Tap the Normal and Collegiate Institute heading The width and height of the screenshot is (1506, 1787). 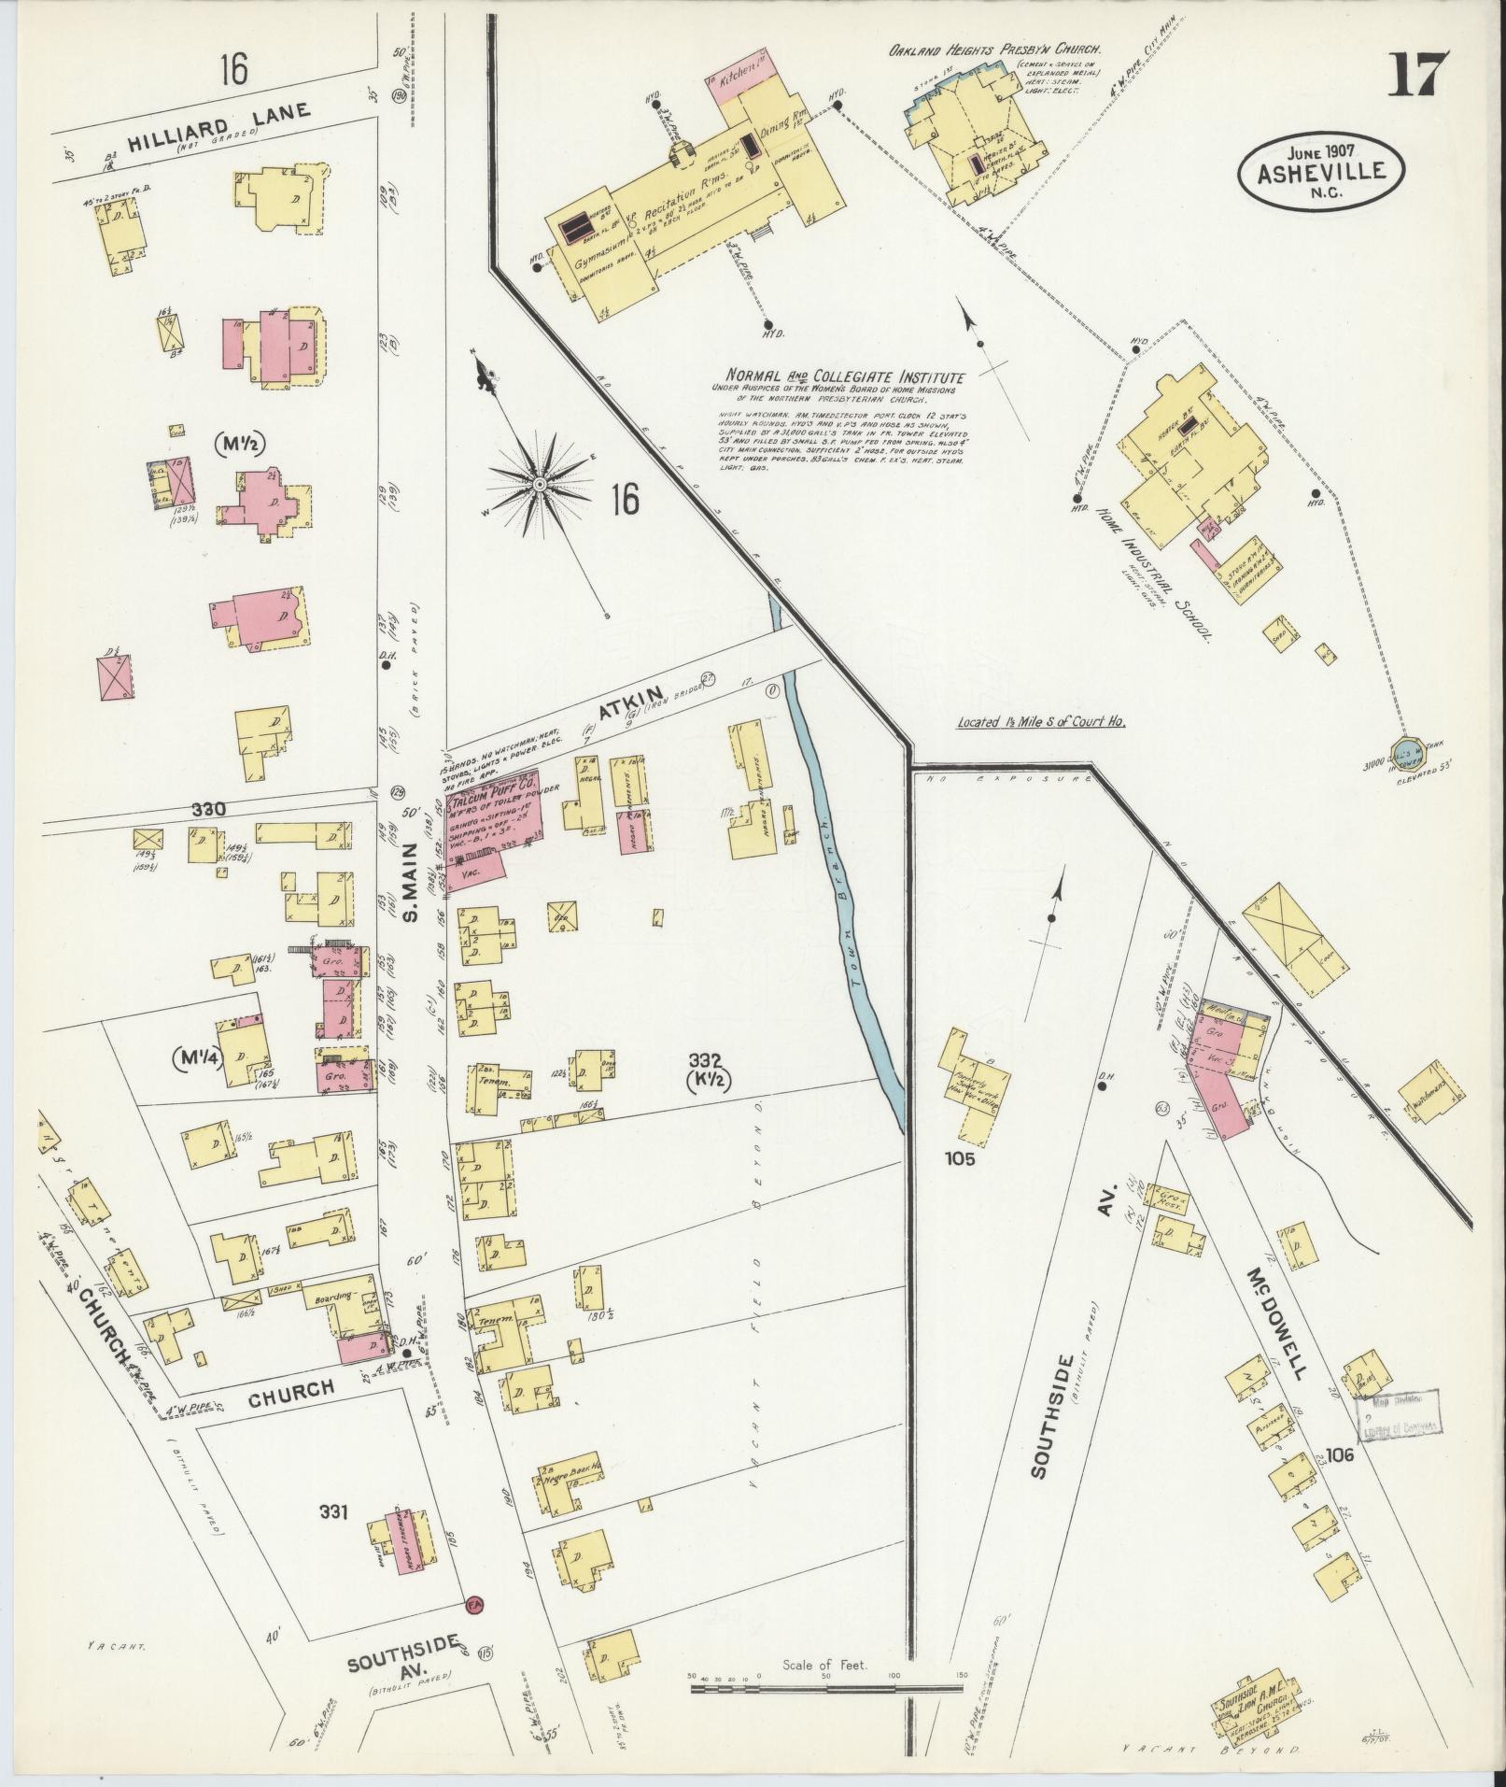[837, 376]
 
